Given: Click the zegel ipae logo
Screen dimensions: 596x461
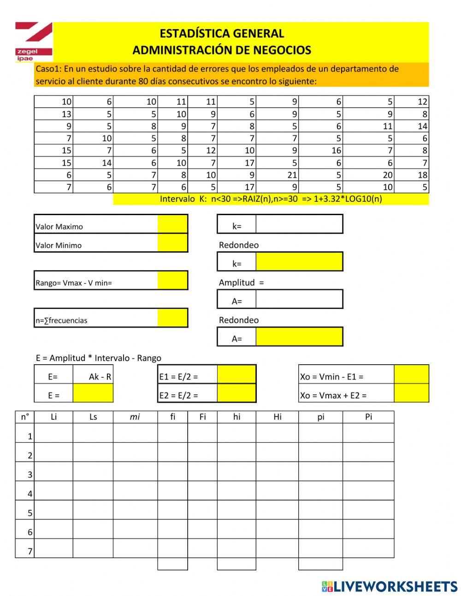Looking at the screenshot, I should pyautogui.click(x=33, y=42).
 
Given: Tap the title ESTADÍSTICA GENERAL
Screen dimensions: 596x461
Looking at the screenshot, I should pyautogui.click(x=222, y=33).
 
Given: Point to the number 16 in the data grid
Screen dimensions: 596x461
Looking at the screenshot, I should pyautogui.click(x=336, y=151).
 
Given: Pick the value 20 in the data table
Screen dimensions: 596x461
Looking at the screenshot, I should pyautogui.click(x=387, y=175).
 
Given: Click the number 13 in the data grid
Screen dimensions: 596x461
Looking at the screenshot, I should pyautogui.click(x=66, y=114).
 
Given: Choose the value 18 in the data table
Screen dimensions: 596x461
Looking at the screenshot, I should pyautogui.click(x=422, y=175).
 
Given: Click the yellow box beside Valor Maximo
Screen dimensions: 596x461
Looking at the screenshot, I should pyautogui.click(x=172, y=224).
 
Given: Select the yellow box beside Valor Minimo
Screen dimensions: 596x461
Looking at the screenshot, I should pyautogui.click(x=172, y=243).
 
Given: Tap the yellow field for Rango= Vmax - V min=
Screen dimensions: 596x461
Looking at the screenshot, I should pyautogui.click(x=172, y=280).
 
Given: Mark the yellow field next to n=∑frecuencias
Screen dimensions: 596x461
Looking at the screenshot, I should pyautogui.click(x=172, y=318).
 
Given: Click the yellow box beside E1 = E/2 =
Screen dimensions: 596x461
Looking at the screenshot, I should pyautogui.click(x=236, y=374).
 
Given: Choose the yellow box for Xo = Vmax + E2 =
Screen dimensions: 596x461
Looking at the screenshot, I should pyautogui.click(x=411, y=393).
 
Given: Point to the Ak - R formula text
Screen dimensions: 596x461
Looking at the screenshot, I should pyautogui.click(x=100, y=377).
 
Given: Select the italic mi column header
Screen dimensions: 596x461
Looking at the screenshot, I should pyautogui.click(x=135, y=417).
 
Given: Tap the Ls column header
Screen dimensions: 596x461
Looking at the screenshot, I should pyautogui.click(x=93, y=417).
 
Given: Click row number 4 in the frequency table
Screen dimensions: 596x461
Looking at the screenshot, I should pyautogui.click(x=30, y=494).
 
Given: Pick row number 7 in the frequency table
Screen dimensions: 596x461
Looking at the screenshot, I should pyautogui.click(x=30, y=551).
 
